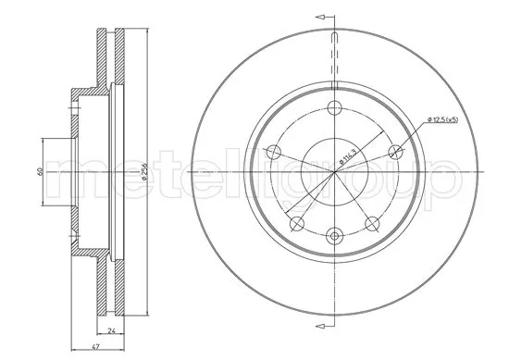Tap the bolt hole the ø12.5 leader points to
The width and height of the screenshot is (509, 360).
coord(397,152)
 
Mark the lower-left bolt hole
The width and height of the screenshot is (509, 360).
coord(296,223)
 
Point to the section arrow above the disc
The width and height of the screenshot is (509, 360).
coord(320,16)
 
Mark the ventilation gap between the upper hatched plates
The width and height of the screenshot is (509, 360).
coord(110,60)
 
